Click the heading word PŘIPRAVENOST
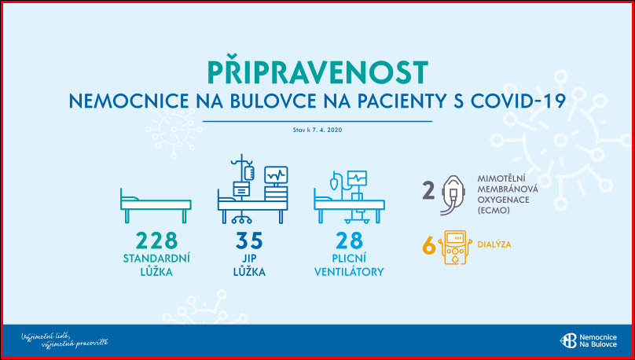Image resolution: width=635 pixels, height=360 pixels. (x=317, y=72)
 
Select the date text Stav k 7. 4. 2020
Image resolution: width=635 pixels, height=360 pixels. (x=317, y=130)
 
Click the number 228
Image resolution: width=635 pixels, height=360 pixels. (x=156, y=241)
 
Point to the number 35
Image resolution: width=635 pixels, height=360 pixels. (x=249, y=241)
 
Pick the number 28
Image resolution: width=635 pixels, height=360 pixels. (x=349, y=241)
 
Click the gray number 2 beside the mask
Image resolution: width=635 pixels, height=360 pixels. (x=429, y=191)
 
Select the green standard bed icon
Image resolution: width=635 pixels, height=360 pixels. (x=156, y=206)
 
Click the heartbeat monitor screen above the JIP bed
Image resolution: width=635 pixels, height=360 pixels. (x=276, y=175)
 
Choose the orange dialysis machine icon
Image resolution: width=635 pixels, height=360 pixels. (x=455, y=248)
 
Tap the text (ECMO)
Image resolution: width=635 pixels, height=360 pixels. (x=493, y=210)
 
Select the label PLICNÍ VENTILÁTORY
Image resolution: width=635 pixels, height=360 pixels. (x=349, y=265)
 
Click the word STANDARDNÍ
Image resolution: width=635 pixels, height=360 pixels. (x=156, y=259)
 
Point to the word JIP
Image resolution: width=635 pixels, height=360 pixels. (x=249, y=259)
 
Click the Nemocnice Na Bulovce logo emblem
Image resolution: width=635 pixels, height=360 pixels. (x=568, y=340)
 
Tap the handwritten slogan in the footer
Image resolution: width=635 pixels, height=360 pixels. (x=64, y=340)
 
